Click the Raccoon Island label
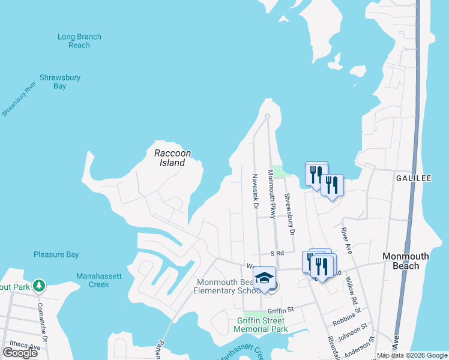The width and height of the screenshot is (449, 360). click(x=172, y=158)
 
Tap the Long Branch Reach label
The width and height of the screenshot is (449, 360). click(x=79, y=41)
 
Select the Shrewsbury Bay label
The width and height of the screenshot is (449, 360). click(x=60, y=82)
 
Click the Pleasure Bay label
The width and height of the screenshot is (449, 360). click(x=56, y=254)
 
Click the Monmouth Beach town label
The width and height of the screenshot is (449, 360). click(x=406, y=260)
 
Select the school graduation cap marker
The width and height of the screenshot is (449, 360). click(x=264, y=278)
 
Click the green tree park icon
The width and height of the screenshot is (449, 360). click(x=40, y=284)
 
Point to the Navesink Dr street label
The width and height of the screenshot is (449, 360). click(x=255, y=191)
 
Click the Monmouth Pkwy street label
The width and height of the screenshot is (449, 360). click(x=272, y=194)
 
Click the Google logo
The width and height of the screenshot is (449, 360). click(x=20, y=353)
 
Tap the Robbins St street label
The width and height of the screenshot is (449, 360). click(x=348, y=313)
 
